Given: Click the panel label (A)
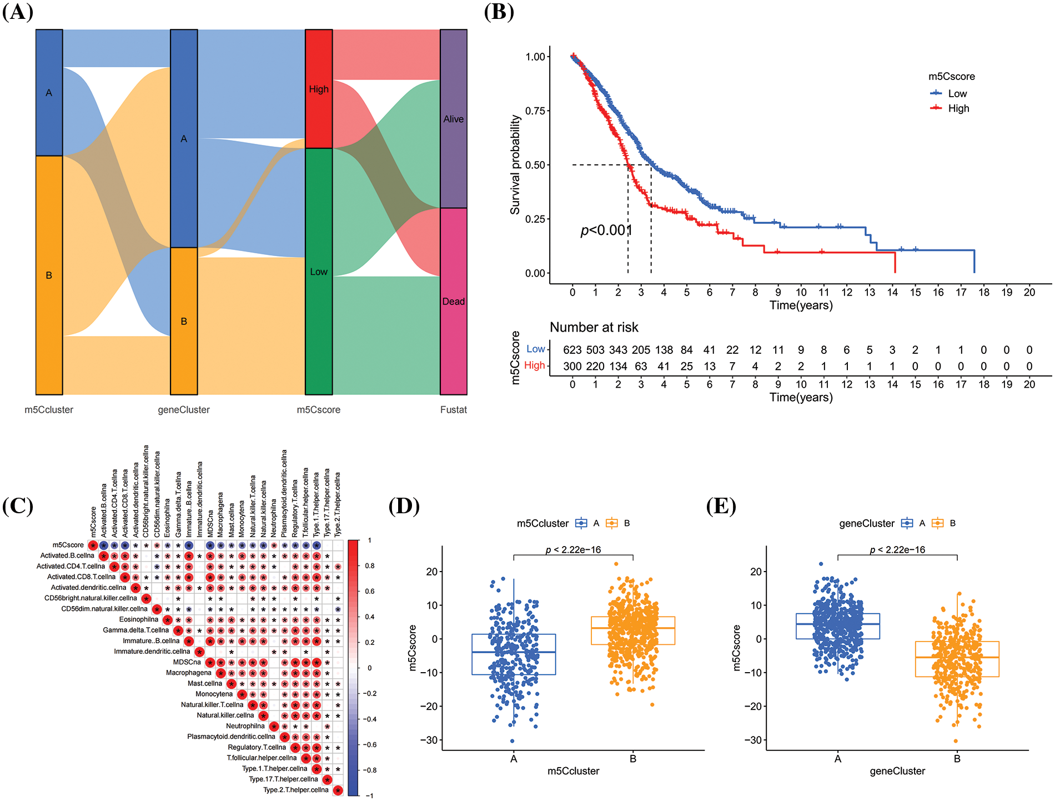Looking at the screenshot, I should coord(17,12).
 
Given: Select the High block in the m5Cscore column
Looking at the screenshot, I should coord(319,89).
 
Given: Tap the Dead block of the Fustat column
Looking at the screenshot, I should coord(453,301).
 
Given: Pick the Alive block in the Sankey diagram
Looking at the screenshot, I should coord(453,119).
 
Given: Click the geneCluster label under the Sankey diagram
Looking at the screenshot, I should coord(184,410).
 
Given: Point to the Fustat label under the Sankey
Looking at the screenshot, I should coord(453,410).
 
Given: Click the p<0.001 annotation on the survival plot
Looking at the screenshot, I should coord(606,230).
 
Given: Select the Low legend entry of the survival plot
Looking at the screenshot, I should coord(957,94).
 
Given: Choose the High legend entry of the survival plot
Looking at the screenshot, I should coord(958,108).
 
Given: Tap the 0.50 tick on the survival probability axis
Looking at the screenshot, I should coord(535,165).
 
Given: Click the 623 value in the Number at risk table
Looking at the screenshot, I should coord(572,350).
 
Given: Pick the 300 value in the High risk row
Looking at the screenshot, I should coord(572,367).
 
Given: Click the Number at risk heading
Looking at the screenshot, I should coord(594,328).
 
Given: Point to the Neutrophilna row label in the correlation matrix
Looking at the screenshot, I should coord(245,726).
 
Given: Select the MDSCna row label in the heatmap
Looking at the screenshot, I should coord(187,662).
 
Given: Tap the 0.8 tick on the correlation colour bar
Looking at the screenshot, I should coord(370,566).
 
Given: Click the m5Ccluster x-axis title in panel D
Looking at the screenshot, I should coord(573,771).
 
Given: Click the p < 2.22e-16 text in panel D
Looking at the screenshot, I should coord(573,550).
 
